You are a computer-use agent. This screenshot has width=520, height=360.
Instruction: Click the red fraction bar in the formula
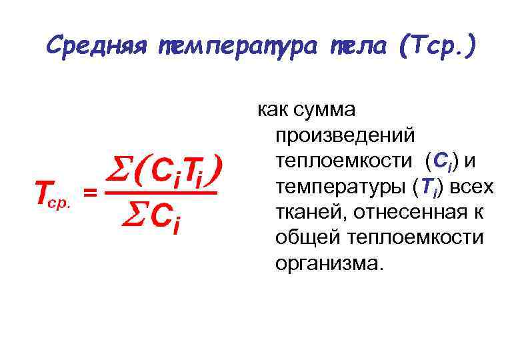(x=160, y=193)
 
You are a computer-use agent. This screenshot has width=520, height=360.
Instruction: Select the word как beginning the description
(x=271, y=111)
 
